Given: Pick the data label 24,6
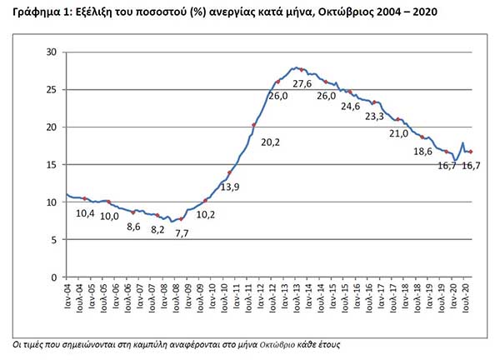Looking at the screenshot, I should [x=351, y=106].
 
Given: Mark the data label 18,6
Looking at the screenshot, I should [x=422, y=152].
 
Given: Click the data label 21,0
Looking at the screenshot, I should [x=399, y=133].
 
